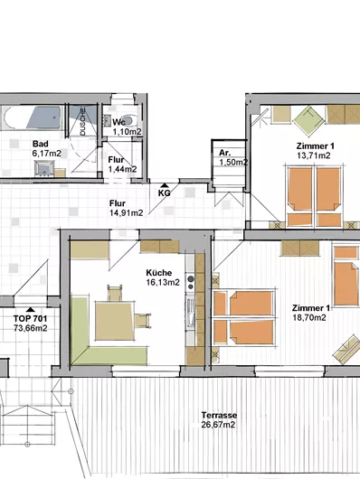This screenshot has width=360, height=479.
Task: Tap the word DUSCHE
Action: [x=83, y=123]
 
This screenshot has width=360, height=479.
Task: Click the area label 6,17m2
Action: [x=47, y=155]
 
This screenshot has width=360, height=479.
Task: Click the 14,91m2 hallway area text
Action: [x=122, y=214]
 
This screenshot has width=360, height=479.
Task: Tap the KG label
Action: [x=165, y=193]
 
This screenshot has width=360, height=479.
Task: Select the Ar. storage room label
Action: [x=224, y=153]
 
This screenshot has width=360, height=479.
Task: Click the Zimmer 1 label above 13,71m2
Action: [x=315, y=146]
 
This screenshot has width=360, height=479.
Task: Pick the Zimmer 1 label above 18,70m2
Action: [x=310, y=308]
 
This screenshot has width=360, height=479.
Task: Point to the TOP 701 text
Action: [x=31, y=318]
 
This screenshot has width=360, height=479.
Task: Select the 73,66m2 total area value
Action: [x=31, y=328]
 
